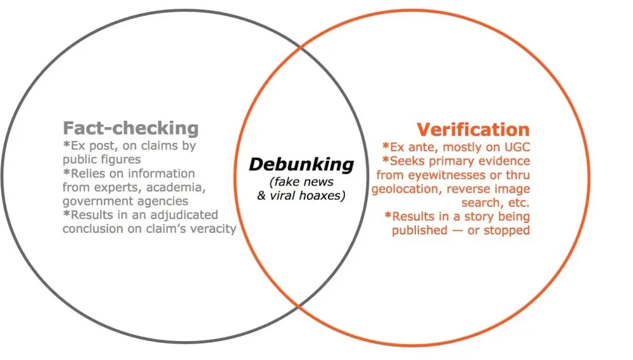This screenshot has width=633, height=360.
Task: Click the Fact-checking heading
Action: (x=131, y=128)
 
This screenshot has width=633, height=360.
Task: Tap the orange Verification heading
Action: (x=473, y=130)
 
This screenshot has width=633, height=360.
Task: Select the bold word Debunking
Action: (x=301, y=164)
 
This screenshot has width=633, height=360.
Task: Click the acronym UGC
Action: (x=517, y=147)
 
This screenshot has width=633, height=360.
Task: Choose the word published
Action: (x=420, y=230)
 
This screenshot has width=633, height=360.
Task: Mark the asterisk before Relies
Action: (x=66, y=172)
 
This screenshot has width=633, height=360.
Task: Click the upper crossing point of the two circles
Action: (x=301, y=47)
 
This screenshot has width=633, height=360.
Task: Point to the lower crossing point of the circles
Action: (x=299, y=307)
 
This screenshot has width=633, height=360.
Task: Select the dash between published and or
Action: (x=458, y=231)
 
